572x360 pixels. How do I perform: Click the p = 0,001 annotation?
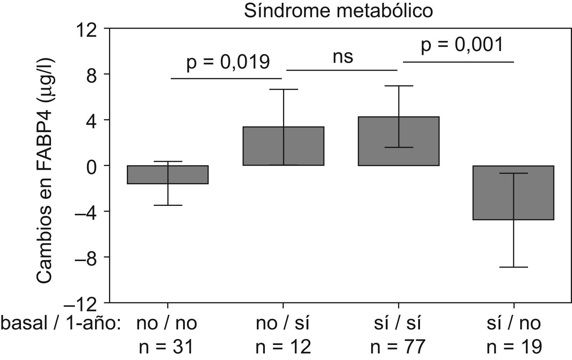(x=462, y=45)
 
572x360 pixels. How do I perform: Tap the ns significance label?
(x=343, y=57)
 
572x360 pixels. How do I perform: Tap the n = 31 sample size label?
(x=166, y=347)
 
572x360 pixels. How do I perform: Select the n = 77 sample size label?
(x=398, y=347)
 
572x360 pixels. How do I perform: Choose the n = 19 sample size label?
(x=514, y=347)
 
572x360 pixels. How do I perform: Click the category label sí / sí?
(x=396, y=323)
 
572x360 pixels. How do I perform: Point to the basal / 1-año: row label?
(x=61, y=323)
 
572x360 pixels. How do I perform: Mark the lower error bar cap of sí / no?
(x=513, y=267)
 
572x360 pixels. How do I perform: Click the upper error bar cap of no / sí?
(x=283, y=89)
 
